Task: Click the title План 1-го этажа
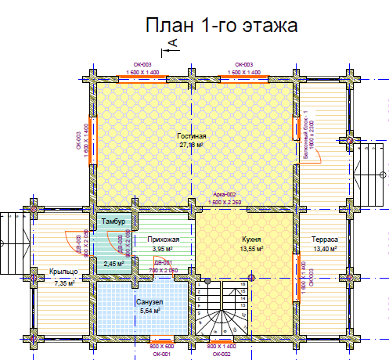[222, 27]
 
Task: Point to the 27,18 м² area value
[191, 145]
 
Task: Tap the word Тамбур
[113, 222]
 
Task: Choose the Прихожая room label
[164, 240]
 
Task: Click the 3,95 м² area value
[164, 249]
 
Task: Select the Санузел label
[148, 302]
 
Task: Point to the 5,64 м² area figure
[148, 311]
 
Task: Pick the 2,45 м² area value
[114, 264]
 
